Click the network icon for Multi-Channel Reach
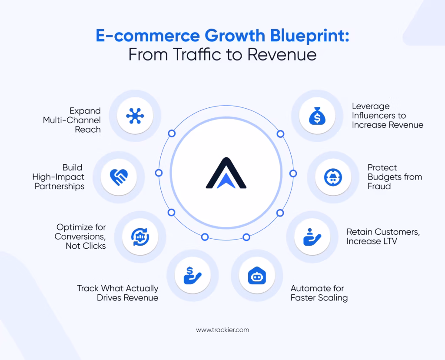pos(135,115)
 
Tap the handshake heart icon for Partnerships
pos(119,177)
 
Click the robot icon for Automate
pos(257,277)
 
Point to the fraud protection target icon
pos(333,177)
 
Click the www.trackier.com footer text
pos(222,330)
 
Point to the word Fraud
pos(379,186)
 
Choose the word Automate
pos(311,288)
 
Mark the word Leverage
pos(371,106)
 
